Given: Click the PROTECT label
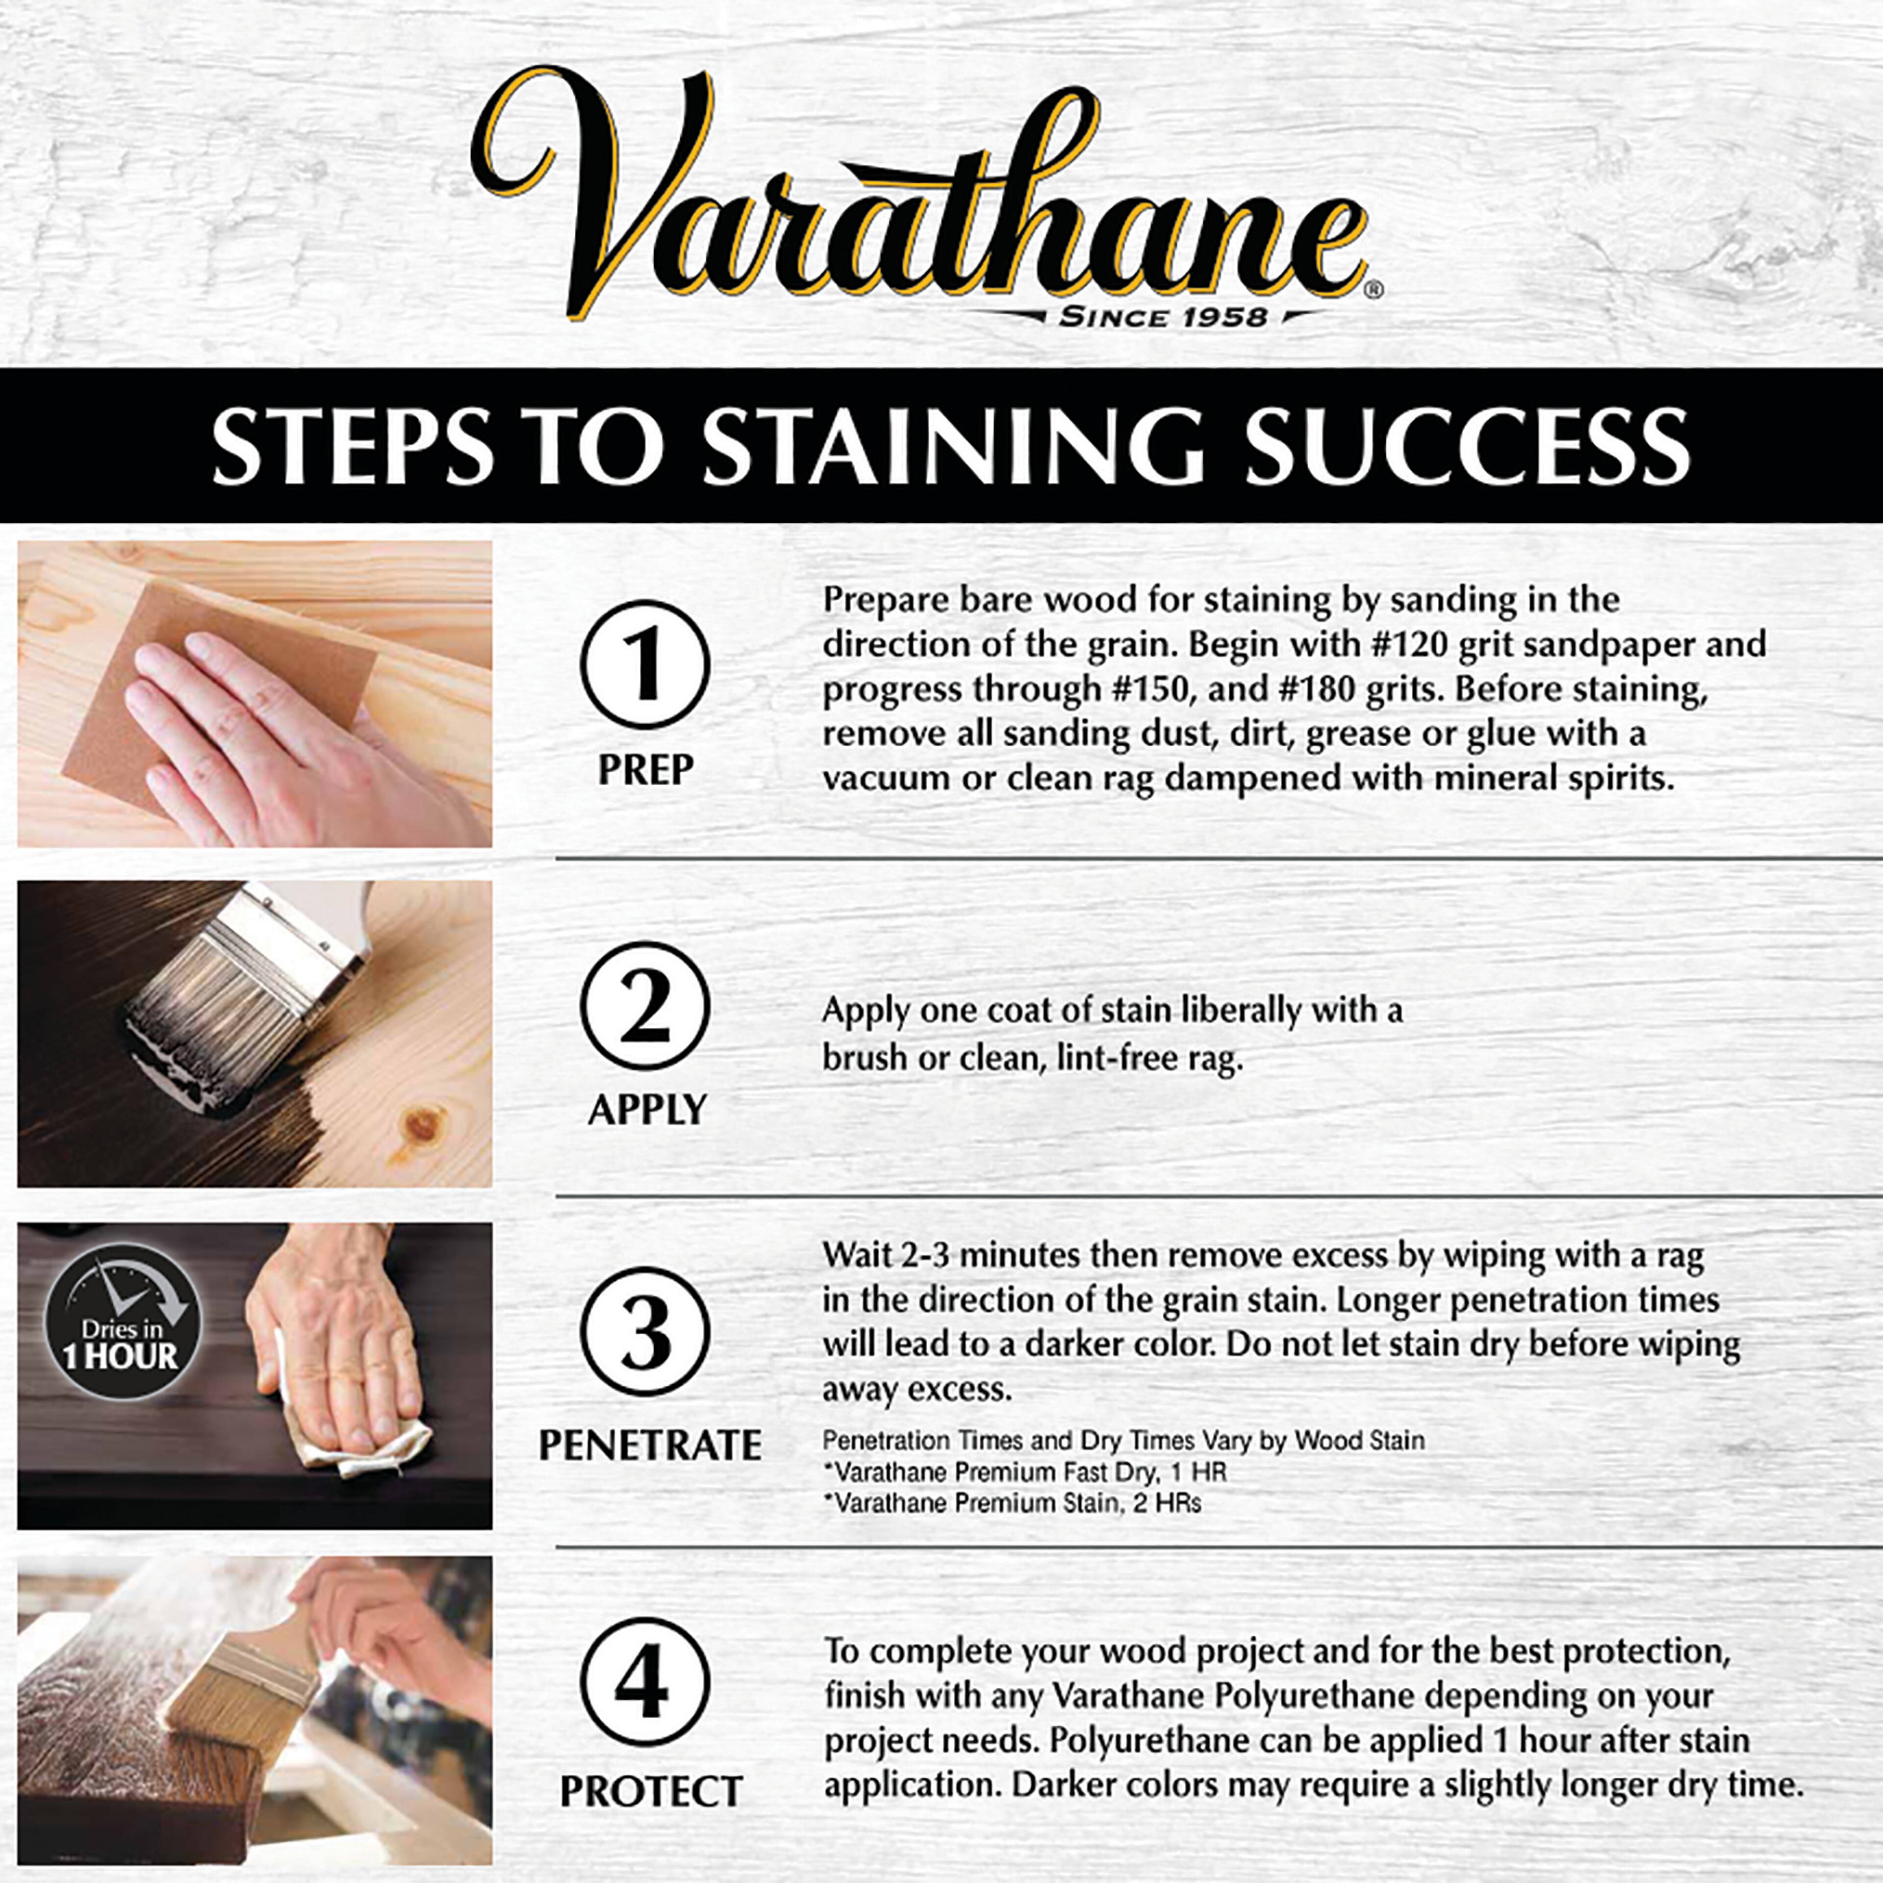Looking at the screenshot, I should [650, 1790].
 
